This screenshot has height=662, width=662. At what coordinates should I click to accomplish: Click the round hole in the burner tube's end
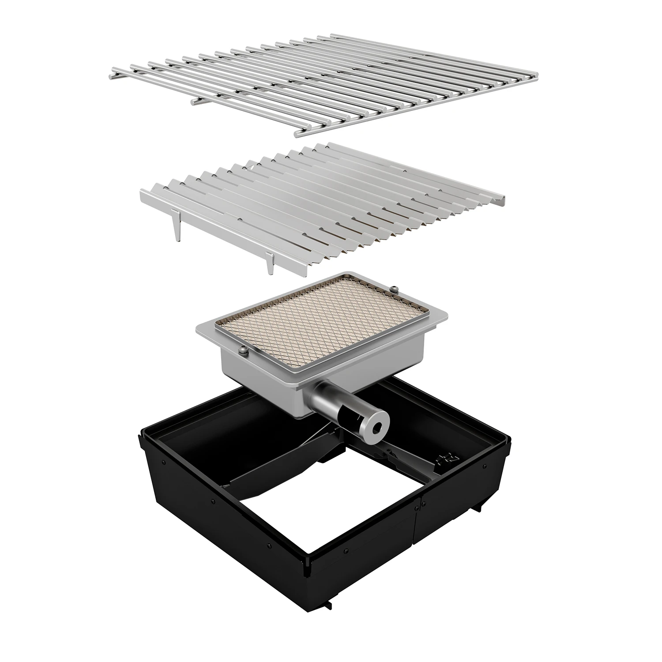click(x=378, y=426)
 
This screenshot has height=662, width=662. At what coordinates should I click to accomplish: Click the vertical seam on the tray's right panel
click(x=417, y=521)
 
